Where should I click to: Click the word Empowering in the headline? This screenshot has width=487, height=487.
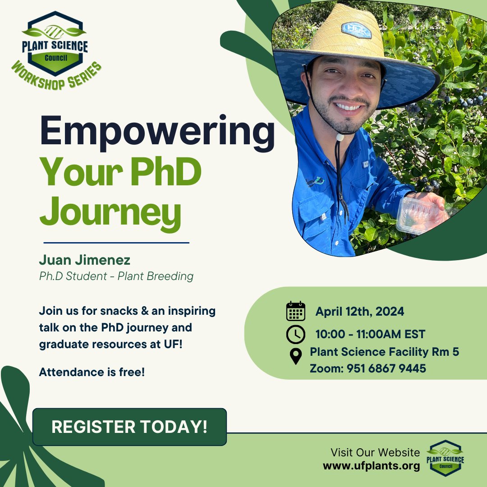click(157, 130)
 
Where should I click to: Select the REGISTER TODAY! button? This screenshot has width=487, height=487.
click(129, 427)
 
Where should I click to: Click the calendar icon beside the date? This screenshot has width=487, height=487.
click(296, 311)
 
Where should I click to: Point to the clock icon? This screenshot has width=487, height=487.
click(296, 335)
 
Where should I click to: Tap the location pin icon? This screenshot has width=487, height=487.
click(295, 356)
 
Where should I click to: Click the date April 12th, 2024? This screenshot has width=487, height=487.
click(359, 311)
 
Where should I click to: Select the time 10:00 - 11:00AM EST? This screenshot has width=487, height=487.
click(370, 335)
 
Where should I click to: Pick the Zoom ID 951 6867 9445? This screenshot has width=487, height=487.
click(368, 368)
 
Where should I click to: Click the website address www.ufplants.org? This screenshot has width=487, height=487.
click(371, 466)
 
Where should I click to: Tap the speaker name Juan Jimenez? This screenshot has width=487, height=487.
click(84, 260)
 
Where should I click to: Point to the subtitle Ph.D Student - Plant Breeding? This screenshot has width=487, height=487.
click(116, 276)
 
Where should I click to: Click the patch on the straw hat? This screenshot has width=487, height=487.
click(356, 30)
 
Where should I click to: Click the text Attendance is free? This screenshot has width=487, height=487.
click(92, 372)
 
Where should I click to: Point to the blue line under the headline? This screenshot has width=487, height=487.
click(116, 243)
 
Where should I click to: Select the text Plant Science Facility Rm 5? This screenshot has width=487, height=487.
click(384, 352)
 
